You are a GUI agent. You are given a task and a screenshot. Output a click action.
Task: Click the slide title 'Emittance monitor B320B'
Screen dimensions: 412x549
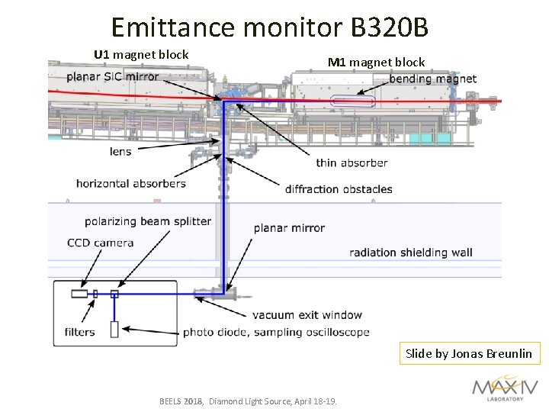270,27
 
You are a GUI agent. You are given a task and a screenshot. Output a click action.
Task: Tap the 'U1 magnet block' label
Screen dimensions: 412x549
141,54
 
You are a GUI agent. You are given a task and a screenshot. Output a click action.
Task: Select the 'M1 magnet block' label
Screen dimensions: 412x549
376,62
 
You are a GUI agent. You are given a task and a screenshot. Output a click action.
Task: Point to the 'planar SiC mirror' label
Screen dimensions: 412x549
112,76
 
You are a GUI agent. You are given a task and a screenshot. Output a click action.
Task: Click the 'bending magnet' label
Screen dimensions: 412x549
432,79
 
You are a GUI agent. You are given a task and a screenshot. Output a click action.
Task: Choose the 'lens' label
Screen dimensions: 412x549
120,151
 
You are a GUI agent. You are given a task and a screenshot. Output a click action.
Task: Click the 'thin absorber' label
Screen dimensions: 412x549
352,163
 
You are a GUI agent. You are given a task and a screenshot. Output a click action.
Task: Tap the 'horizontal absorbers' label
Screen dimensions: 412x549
130,183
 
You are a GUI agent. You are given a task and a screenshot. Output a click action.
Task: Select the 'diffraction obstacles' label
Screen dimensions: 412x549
339,189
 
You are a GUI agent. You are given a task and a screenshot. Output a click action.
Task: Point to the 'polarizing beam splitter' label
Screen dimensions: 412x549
147,221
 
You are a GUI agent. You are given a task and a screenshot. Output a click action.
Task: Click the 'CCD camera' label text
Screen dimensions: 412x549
100,243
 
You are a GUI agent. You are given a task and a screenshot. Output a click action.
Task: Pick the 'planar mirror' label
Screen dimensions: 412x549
289,227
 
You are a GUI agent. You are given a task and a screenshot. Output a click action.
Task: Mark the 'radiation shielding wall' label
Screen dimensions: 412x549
410,253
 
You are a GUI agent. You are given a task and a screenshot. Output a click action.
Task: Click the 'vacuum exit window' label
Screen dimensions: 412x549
307,314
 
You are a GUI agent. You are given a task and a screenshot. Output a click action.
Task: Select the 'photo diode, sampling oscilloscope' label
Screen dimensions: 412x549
276,332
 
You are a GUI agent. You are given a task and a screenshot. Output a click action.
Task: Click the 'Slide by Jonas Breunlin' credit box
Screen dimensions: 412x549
469,353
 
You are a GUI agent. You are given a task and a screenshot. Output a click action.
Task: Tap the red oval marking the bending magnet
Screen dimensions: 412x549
353,99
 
